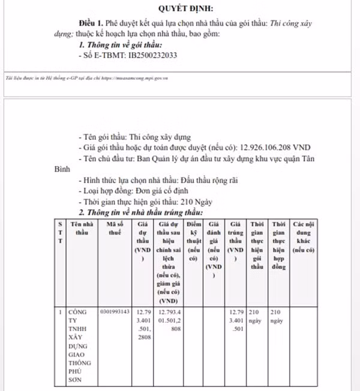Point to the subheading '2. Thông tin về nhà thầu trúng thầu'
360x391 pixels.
142,212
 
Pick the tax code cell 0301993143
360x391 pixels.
115,312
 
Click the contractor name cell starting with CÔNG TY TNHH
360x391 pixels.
79,345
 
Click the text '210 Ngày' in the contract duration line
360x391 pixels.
200,201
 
